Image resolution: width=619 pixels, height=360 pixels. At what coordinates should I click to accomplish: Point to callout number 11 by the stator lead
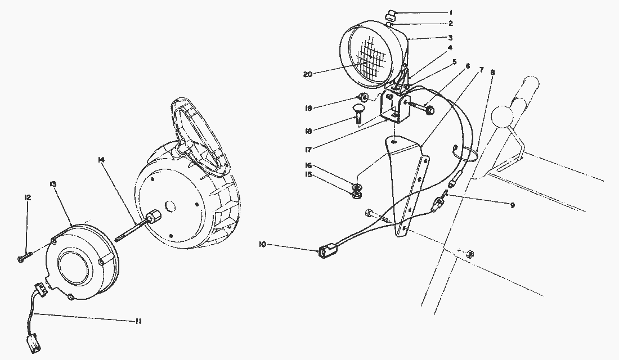[x=139, y=321]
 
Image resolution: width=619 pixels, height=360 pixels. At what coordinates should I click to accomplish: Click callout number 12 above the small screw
[x=27, y=197]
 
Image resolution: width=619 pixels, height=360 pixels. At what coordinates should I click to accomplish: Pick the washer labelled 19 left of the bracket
[x=364, y=98]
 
